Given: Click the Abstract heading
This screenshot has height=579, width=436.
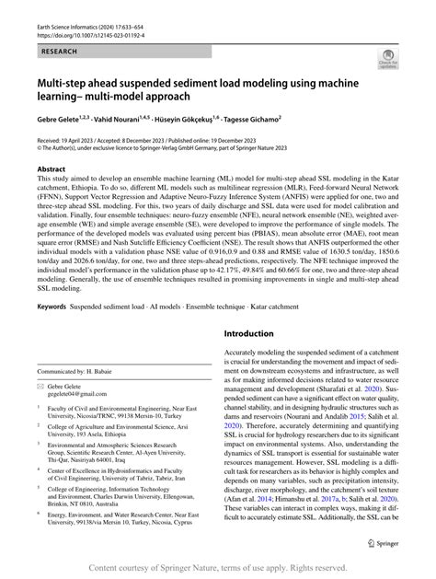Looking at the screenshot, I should pos(52,170).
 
